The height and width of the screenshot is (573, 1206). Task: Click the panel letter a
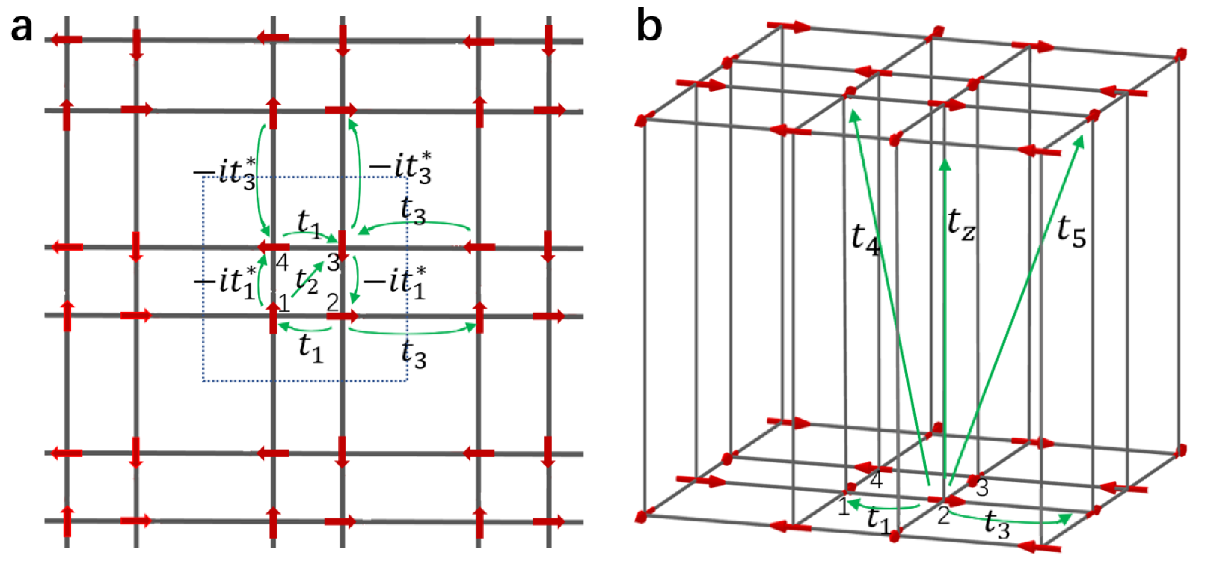(21, 29)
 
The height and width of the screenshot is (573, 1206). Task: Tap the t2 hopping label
(307, 280)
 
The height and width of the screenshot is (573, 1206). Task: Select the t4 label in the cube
(866, 238)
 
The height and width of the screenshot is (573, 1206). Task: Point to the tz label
(961, 224)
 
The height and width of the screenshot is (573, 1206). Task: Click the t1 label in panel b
(878, 520)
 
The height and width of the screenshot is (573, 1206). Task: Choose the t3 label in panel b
(997, 524)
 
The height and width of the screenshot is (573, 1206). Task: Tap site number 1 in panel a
(284, 303)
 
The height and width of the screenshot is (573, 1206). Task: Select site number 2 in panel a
(332, 302)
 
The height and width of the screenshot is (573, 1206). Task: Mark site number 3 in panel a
(334, 262)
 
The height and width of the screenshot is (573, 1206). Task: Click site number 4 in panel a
(282, 262)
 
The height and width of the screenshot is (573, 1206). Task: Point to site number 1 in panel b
(843, 506)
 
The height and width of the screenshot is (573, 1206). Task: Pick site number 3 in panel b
(983, 487)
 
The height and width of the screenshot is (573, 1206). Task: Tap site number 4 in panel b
(877, 479)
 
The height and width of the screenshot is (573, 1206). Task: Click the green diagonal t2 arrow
(307, 279)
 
